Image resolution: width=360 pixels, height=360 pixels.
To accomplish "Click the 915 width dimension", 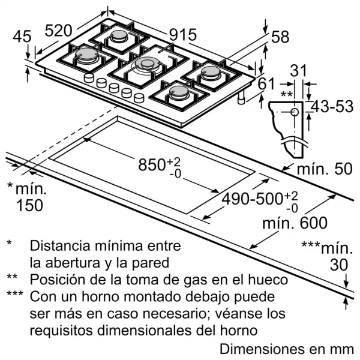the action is pos(183,35).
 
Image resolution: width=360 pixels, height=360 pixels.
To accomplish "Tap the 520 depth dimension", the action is pos(58,31).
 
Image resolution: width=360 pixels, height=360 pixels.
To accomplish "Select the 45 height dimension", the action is pos(22,37).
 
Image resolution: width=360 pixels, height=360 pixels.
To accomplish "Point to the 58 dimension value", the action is pos(280,37).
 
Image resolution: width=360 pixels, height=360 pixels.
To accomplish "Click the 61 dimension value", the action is pos(266,83).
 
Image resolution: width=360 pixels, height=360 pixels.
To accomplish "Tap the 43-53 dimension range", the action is pos(332,107).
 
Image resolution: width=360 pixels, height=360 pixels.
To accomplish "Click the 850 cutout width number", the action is pos(152,164).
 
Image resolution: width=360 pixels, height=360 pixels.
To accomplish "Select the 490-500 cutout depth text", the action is pos(251,199).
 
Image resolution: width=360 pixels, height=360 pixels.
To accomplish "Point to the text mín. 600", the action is pos(295,223).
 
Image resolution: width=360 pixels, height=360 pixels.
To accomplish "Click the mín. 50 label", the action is pos(325,169).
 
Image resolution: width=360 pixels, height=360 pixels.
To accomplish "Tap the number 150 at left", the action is pos(30,205).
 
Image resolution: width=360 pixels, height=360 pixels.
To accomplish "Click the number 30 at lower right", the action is pos(339,265).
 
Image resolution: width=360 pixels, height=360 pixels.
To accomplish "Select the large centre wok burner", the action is pos(147,65).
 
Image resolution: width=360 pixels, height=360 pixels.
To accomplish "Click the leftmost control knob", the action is pos(89,78).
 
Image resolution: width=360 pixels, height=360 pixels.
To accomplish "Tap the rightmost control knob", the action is pos(139,98).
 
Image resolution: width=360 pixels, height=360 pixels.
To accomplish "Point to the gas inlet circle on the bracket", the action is pos(295,112).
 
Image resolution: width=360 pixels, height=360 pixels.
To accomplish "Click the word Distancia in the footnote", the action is pos(60,245).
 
